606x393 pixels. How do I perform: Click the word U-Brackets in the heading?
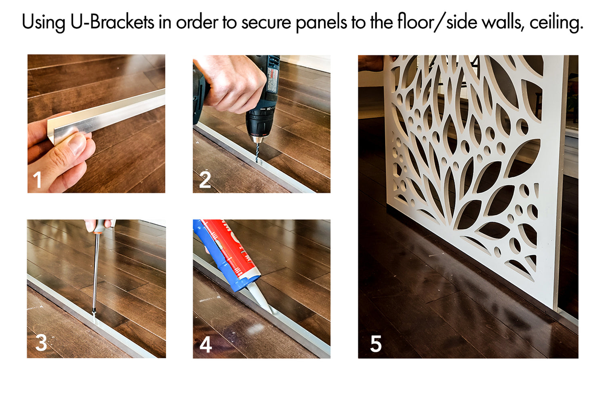click(112, 22)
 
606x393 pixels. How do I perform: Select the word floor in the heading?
click(415, 22)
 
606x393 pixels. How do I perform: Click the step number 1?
click(37, 180)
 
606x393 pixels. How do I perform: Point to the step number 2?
click(205, 180)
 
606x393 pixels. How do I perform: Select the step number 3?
click(41, 343)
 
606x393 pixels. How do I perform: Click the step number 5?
click(376, 343)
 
